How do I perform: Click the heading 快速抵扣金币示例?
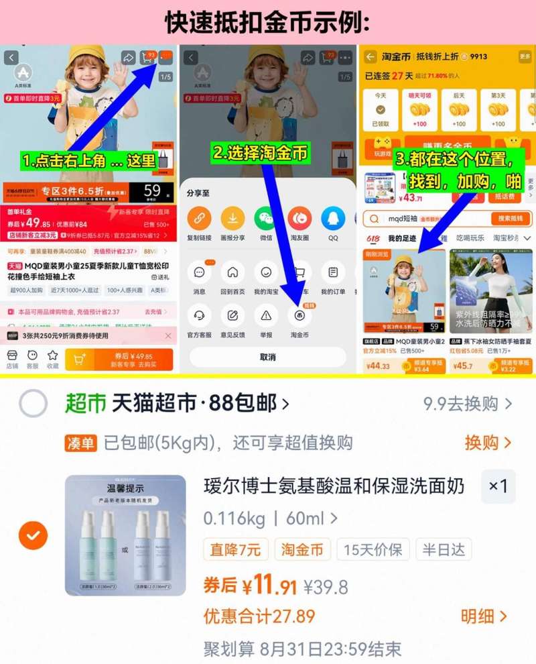click(267, 22)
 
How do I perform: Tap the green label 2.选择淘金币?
click(261, 153)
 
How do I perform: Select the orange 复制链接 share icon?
click(199, 218)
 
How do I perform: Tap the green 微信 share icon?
click(266, 218)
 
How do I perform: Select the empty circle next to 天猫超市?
click(33, 404)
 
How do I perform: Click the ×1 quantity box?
click(498, 486)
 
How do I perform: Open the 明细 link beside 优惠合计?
click(484, 616)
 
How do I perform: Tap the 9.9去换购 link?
click(468, 404)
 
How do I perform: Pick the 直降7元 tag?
click(236, 550)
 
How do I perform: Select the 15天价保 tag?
click(373, 550)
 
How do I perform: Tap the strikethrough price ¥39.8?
click(326, 588)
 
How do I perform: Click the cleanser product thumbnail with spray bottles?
click(125, 535)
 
